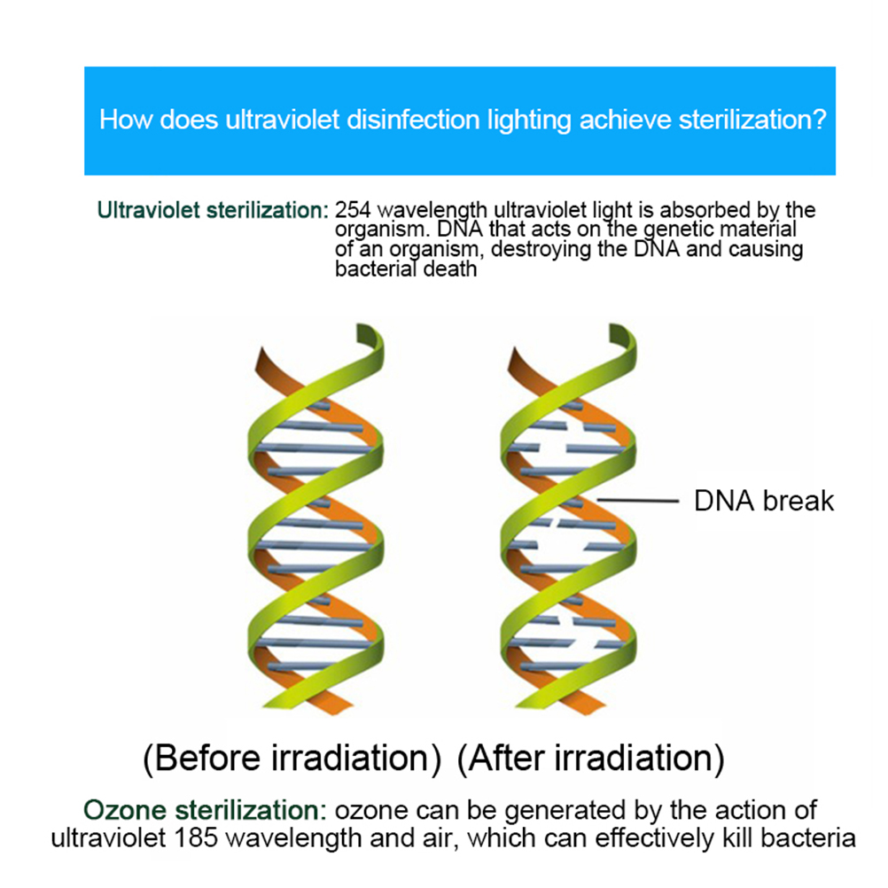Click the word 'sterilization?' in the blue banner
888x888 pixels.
pyautogui.click(x=752, y=120)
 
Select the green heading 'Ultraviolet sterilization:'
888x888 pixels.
pyautogui.click(x=213, y=210)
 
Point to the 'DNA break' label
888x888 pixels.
pyautogui.click(x=764, y=501)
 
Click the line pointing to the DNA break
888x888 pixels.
pyautogui.click(x=638, y=501)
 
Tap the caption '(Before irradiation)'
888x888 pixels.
pyautogui.click(x=292, y=759)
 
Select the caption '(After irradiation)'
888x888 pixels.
pyautogui.click(x=591, y=759)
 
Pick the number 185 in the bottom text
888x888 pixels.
pyautogui.click(x=195, y=838)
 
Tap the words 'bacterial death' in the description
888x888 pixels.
pyautogui.click(x=406, y=269)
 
